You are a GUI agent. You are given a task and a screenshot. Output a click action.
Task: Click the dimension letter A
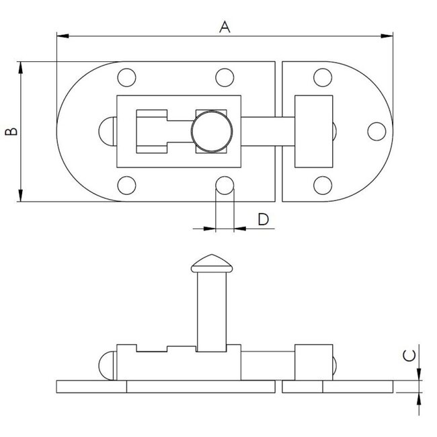[x=225, y=27]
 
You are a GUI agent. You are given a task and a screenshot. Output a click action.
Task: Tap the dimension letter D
[x=263, y=218]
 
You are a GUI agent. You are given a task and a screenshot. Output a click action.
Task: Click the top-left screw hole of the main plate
[x=126, y=77]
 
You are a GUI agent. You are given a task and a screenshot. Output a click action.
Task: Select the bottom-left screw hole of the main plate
[x=126, y=185]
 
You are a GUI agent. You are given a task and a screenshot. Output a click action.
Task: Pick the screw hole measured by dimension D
[x=225, y=185]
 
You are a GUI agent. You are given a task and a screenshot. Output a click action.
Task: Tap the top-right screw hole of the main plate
[x=225, y=77]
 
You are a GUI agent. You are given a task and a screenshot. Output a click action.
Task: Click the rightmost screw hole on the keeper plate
[x=377, y=131]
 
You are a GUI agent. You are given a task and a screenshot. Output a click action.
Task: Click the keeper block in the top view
[x=313, y=131]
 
